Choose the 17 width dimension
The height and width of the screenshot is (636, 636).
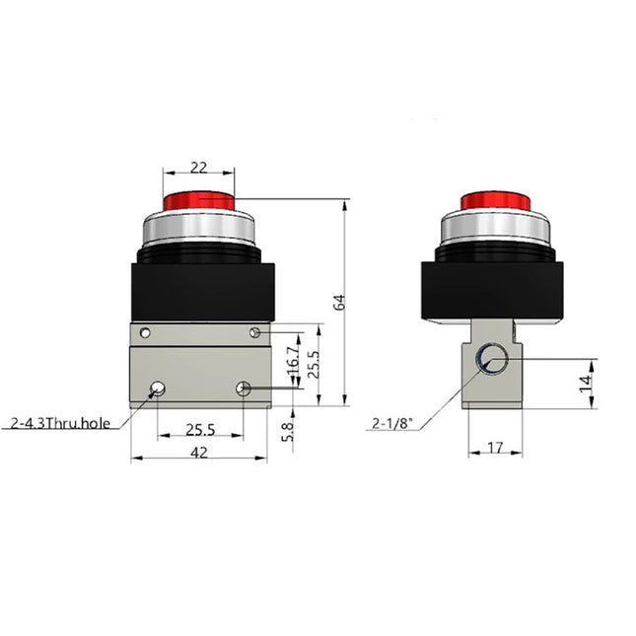pos(495,448)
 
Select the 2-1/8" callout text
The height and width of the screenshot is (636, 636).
pos(390,424)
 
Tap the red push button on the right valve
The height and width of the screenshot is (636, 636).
pos(495,202)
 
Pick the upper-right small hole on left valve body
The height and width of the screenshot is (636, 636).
pos(254,331)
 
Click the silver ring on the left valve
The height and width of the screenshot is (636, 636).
pos(198,230)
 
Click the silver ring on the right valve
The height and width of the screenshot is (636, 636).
pos(495,230)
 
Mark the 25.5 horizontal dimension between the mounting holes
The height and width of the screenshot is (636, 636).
pos(200,430)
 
